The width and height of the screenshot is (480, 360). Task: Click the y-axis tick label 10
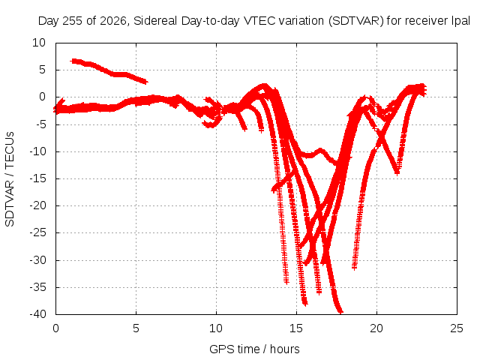[x=39, y=43]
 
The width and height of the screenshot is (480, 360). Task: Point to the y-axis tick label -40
[x=37, y=314]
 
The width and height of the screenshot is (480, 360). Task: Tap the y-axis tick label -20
[x=37, y=205]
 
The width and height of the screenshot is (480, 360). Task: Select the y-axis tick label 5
[x=42, y=70]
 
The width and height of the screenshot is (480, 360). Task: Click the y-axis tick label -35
[x=37, y=287]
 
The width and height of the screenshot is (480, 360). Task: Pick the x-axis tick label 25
[x=457, y=328]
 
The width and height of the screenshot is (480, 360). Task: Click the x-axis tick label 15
[x=296, y=328]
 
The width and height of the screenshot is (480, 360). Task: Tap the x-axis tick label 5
[x=136, y=328]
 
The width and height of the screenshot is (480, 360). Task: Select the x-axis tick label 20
[x=376, y=328]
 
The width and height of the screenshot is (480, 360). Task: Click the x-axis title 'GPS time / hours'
[x=254, y=349]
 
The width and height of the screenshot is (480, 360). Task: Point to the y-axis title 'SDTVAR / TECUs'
[x=10, y=179]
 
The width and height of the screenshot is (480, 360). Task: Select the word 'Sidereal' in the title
[x=155, y=21]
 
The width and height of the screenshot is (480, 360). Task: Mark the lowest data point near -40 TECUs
[x=340, y=312]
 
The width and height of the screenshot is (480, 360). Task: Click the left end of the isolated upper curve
[x=72, y=61]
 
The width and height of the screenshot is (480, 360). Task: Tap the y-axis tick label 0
[x=42, y=97]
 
